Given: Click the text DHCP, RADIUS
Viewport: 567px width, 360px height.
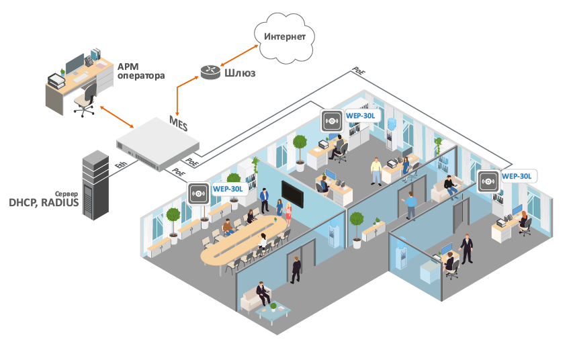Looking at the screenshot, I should [43, 201].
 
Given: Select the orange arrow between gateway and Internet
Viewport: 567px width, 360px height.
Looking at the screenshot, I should [241, 54].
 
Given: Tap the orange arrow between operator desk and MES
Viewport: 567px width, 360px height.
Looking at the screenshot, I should [117, 117].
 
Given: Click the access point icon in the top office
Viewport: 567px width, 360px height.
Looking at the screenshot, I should [331, 121].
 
